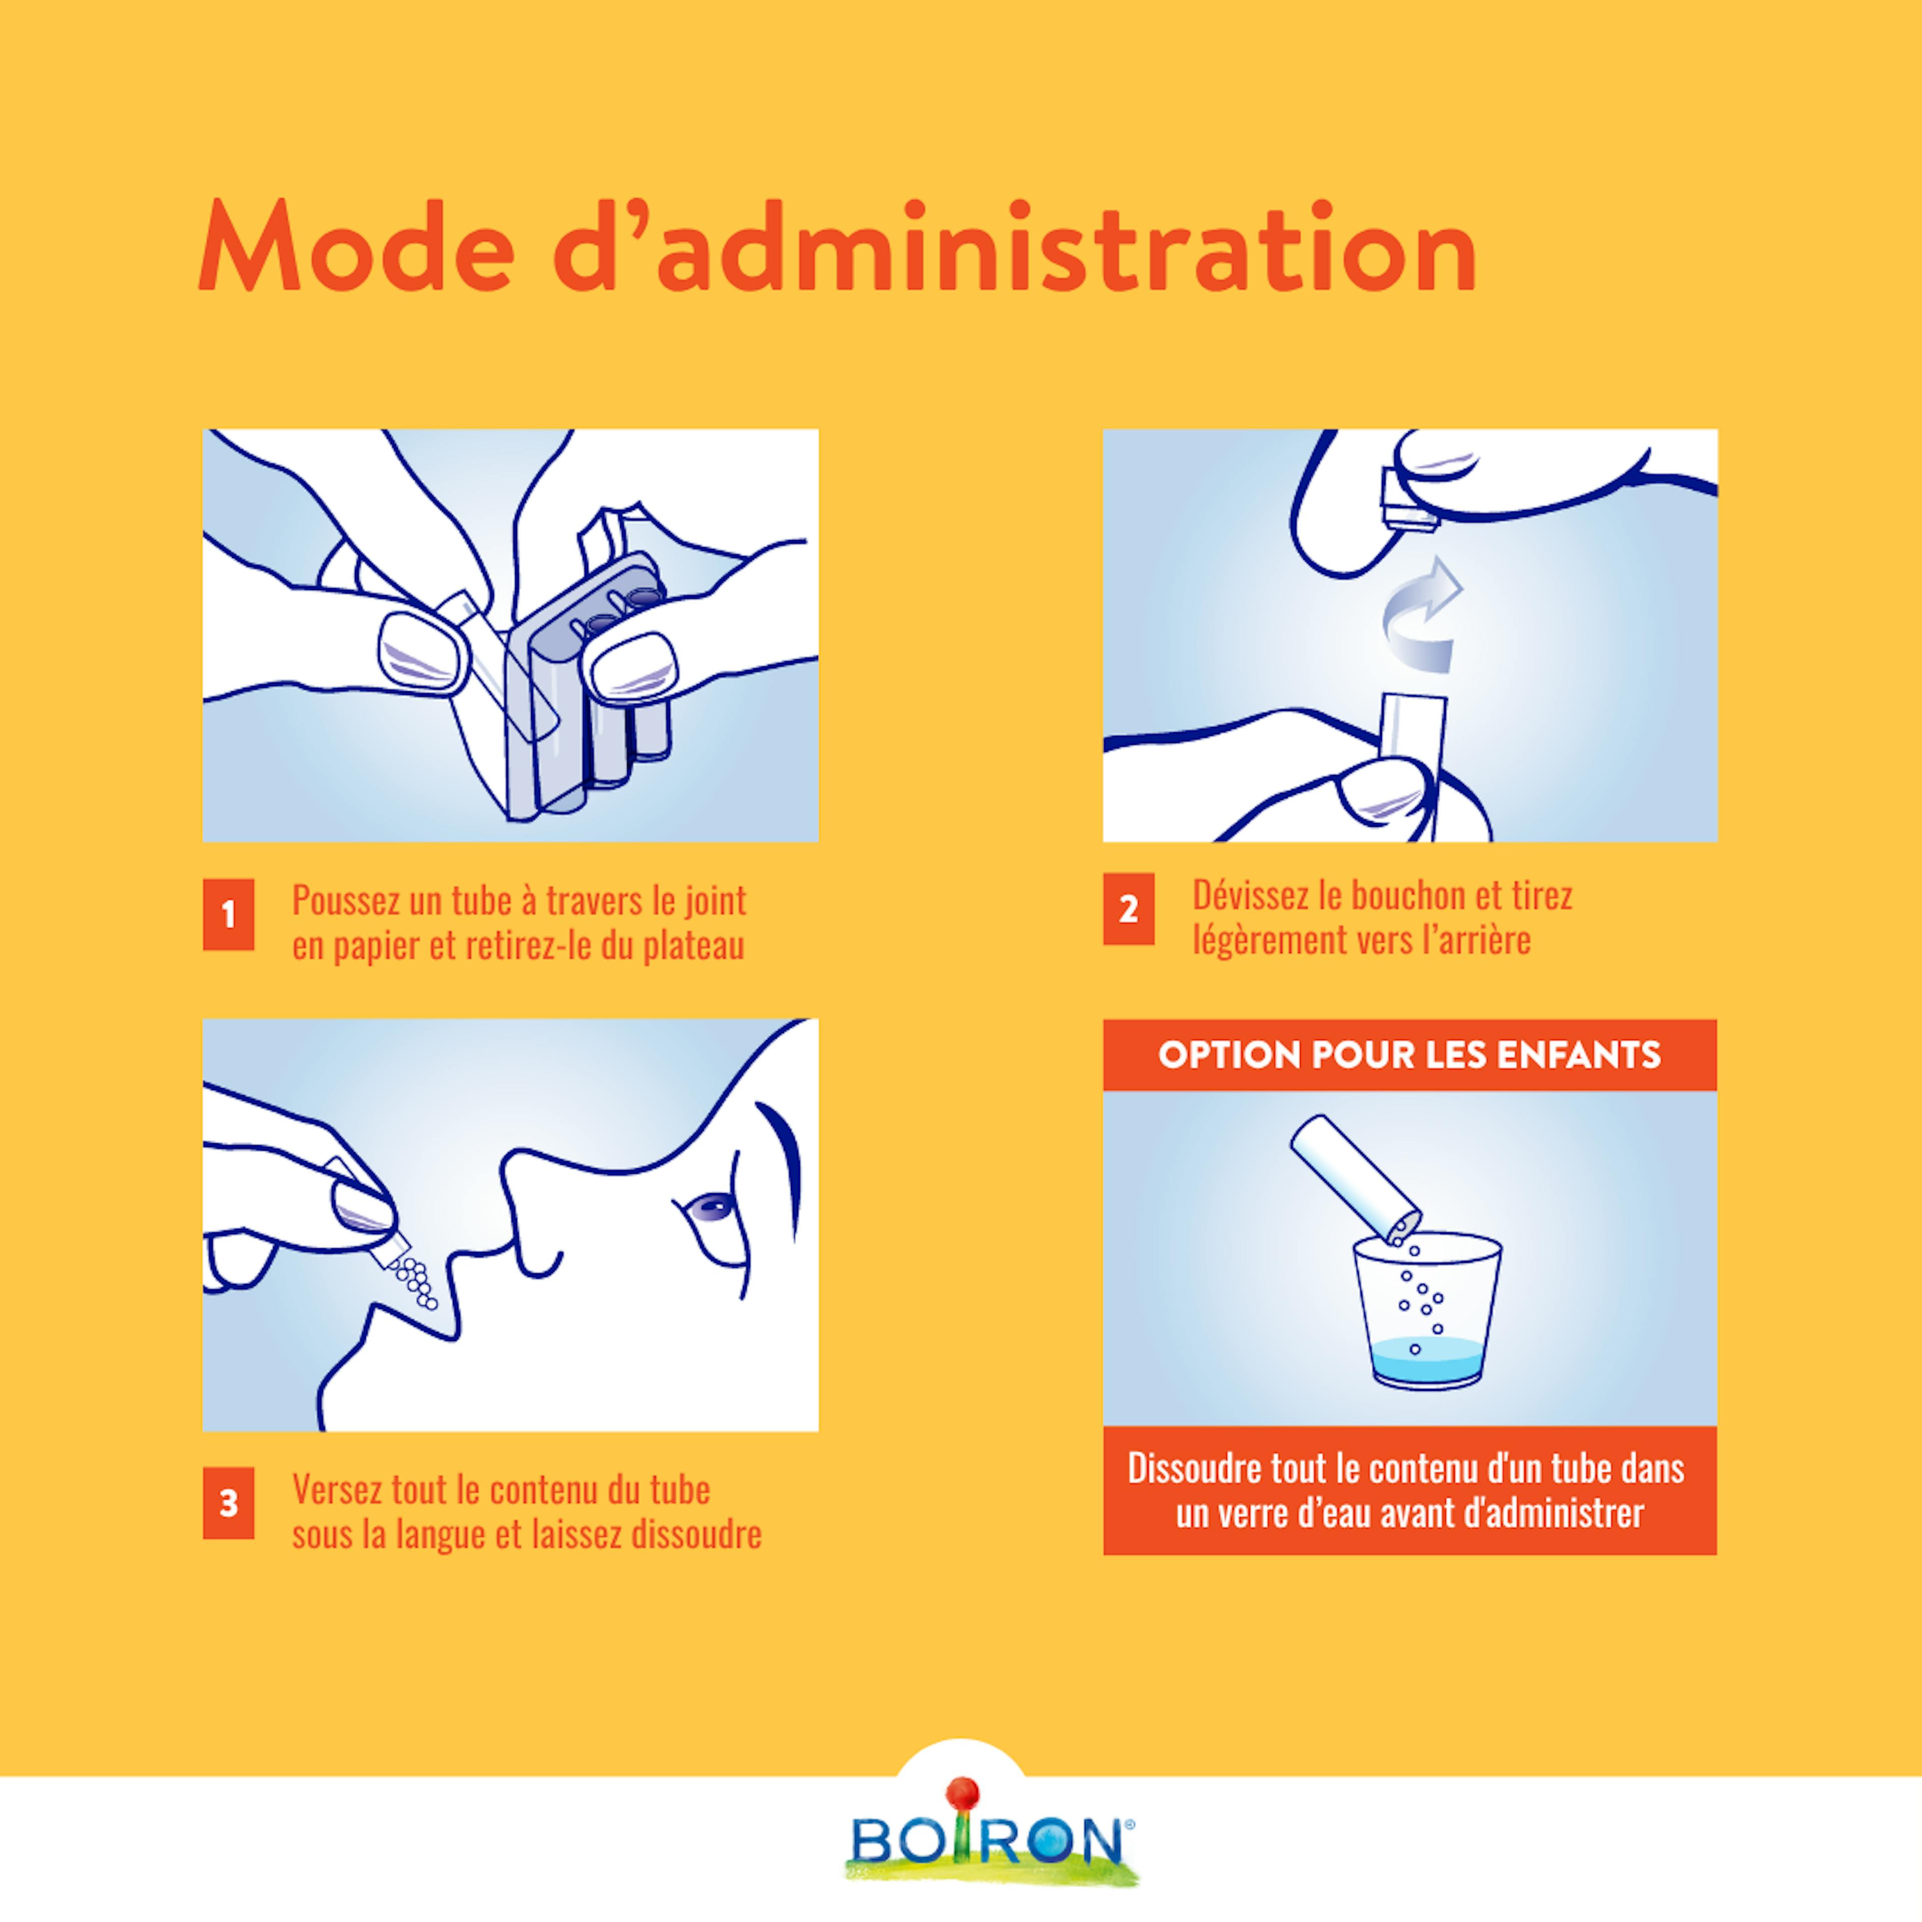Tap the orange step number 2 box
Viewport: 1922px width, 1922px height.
[1128, 908]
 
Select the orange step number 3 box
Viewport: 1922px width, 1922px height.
[228, 1502]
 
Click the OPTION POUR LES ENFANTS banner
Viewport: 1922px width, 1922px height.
[1409, 1055]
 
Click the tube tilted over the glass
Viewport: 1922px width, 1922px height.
[1355, 1182]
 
